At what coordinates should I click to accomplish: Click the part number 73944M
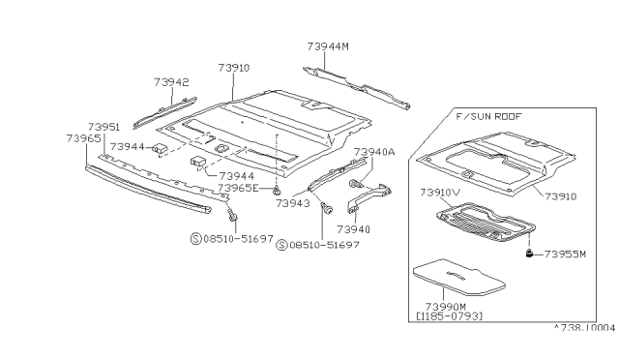(328, 46)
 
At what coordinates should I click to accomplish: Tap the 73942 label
(171, 82)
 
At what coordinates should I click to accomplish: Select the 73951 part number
(103, 127)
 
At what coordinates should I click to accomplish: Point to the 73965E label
(238, 188)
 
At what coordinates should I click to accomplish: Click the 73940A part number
(374, 152)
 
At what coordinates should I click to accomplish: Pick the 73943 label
(292, 203)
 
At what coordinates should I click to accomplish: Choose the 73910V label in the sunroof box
(440, 193)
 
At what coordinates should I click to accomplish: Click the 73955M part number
(565, 255)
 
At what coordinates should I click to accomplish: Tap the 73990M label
(446, 307)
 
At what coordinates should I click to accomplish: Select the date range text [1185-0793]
(449, 316)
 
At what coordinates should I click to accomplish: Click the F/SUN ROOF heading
(488, 116)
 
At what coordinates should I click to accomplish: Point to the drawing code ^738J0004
(584, 328)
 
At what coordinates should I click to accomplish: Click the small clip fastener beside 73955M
(529, 254)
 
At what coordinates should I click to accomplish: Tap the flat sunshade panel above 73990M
(459, 277)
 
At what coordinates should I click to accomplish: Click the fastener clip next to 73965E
(278, 191)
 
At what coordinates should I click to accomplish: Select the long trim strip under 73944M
(357, 88)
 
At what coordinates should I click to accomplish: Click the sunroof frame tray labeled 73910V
(486, 222)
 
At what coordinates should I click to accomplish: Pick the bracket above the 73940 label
(369, 196)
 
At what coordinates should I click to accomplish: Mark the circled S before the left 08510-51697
(196, 239)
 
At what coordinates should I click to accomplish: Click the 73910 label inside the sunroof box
(561, 196)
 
